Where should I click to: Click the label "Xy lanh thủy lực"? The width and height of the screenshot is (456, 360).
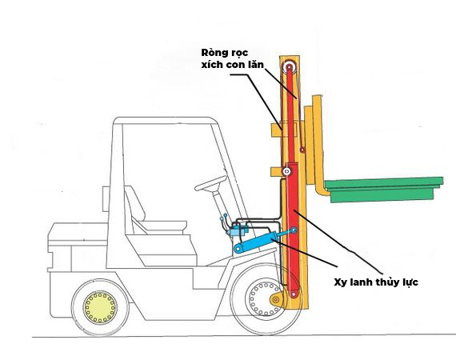pyautogui.click(x=376, y=282)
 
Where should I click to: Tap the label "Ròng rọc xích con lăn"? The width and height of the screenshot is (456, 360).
pyautogui.click(x=232, y=58)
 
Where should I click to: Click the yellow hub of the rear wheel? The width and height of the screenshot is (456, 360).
pyautogui.click(x=100, y=307)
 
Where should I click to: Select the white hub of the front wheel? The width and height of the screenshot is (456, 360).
pyautogui.click(x=263, y=298)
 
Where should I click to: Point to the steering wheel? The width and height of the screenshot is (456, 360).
pyautogui.click(x=211, y=183)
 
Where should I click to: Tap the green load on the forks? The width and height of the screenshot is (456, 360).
pyautogui.click(x=383, y=190)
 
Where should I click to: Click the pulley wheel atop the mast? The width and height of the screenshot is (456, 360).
pyautogui.click(x=290, y=67)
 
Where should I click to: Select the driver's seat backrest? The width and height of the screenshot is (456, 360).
pyautogui.click(x=134, y=202)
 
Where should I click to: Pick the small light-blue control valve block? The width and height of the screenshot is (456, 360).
pyautogui.click(x=238, y=230)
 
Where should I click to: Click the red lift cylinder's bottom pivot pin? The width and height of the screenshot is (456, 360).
pyautogui.click(x=294, y=294)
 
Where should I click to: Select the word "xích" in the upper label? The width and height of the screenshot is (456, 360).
pyautogui.click(x=211, y=64)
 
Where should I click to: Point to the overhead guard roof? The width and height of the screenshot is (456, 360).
pyautogui.click(x=165, y=120)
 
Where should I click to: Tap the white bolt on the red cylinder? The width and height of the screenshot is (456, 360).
pyautogui.click(x=287, y=171)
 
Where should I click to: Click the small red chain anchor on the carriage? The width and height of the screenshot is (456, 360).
pyautogui.click(x=302, y=150)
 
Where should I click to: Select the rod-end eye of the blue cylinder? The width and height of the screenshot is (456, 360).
pyautogui.click(x=294, y=230)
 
